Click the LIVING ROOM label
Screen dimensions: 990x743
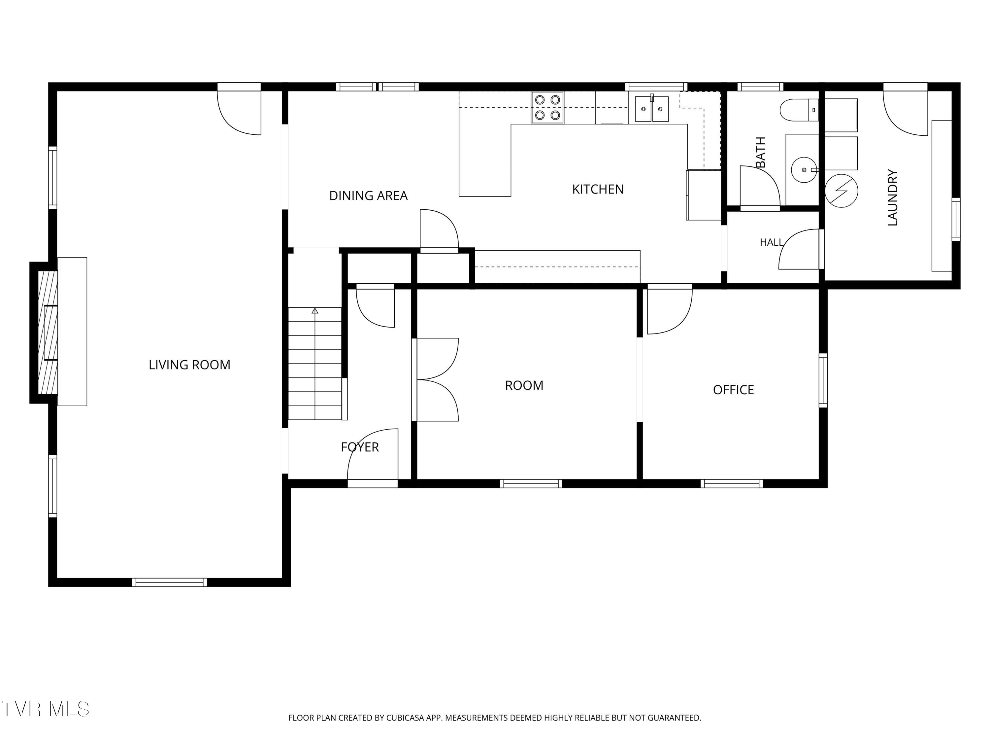click(x=189, y=365)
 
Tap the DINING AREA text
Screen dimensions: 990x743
click(x=368, y=196)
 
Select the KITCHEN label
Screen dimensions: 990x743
click(x=598, y=190)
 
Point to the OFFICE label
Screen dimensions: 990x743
click(x=734, y=390)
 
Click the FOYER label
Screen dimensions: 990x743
click(x=360, y=447)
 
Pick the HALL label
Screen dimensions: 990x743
click(x=772, y=242)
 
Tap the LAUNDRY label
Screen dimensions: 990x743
click(x=892, y=197)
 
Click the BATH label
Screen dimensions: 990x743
click(x=760, y=152)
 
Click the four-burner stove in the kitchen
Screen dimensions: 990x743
click(x=547, y=107)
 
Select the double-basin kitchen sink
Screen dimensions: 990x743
click(x=652, y=109)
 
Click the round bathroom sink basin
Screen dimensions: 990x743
click(x=804, y=170)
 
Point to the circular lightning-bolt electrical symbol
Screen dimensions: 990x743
click(x=841, y=191)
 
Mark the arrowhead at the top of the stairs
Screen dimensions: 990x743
click(x=315, y=310)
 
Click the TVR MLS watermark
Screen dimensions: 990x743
click(x=45, y=709)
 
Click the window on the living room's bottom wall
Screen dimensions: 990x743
click(x=170, y=582)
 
